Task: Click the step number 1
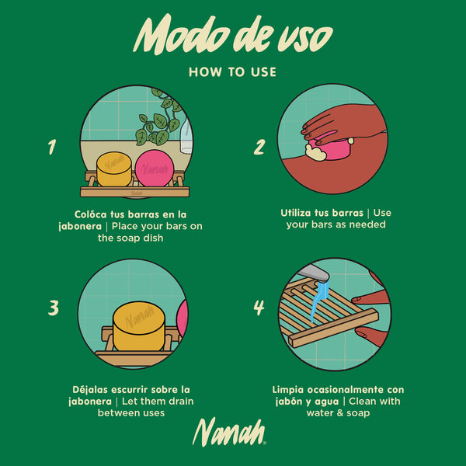click(x=52, y=147)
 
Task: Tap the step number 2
click(x=259, y=147)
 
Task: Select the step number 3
click(x=54, y=308)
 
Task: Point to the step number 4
click(x=259, y=308)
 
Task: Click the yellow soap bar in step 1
click(x=114, y=169)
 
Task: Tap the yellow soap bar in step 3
click(x=139, y=326)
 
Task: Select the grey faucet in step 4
click(x=314, y=273)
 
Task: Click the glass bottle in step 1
click(x=186, y=135)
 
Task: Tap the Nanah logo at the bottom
click(x=229, y=432)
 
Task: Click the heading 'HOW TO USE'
click(x=233, y=72)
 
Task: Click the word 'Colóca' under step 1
click(x=90, y=214)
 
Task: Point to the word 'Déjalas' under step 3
click(x=89, y=390)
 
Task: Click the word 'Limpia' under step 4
click(x=288, y=390)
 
